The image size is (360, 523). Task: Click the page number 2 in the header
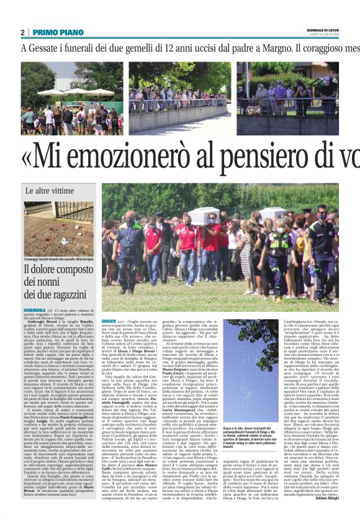coord(22,32)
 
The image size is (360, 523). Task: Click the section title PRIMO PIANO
coord(52,32)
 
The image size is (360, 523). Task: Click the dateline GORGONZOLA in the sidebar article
coord(35,308)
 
